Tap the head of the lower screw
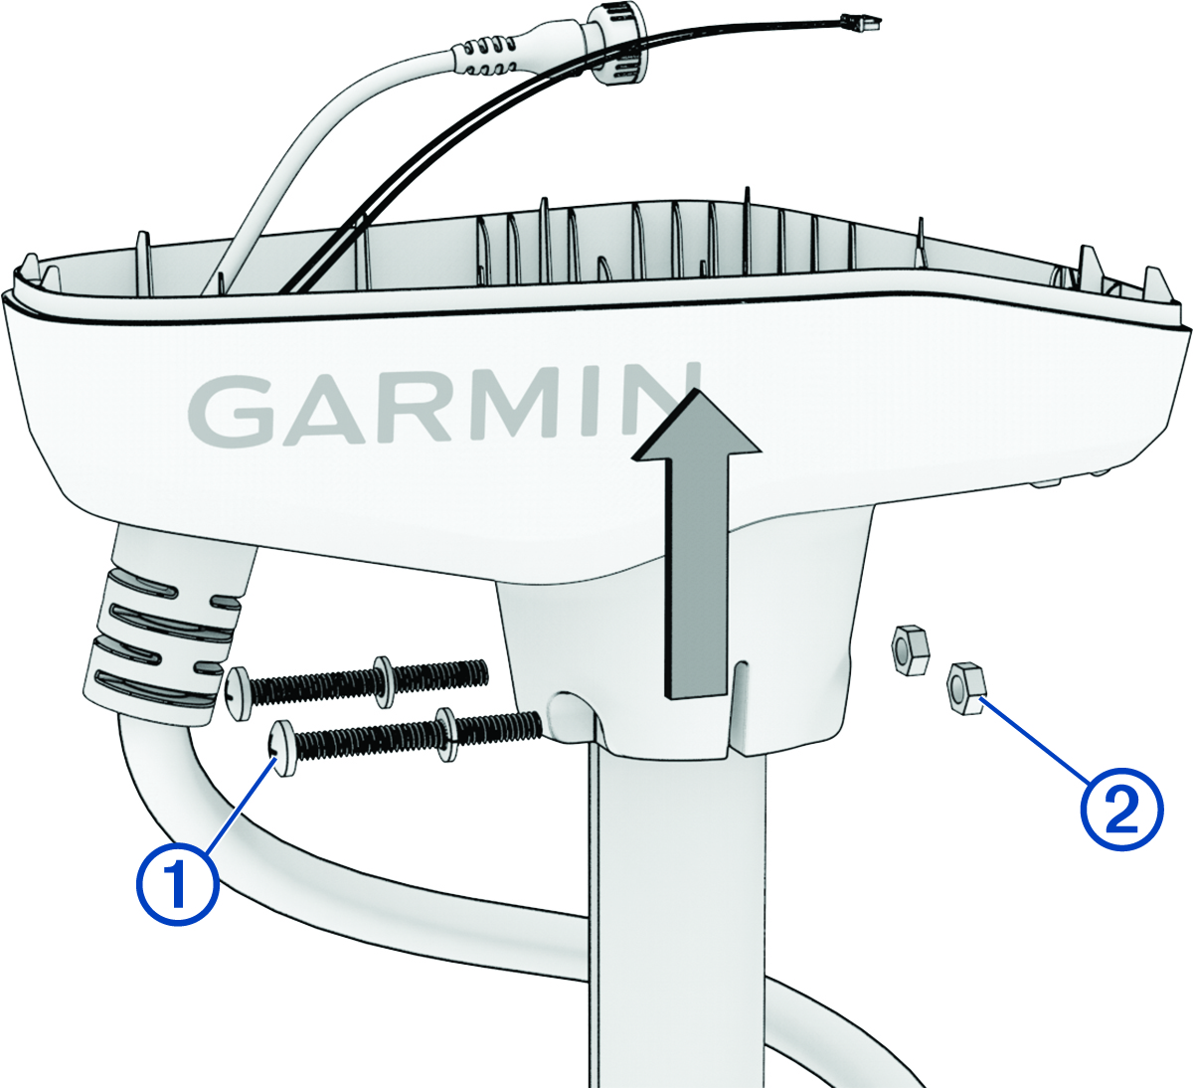282,748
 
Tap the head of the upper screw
241,693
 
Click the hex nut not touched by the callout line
910,649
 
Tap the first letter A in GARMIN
326,410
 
